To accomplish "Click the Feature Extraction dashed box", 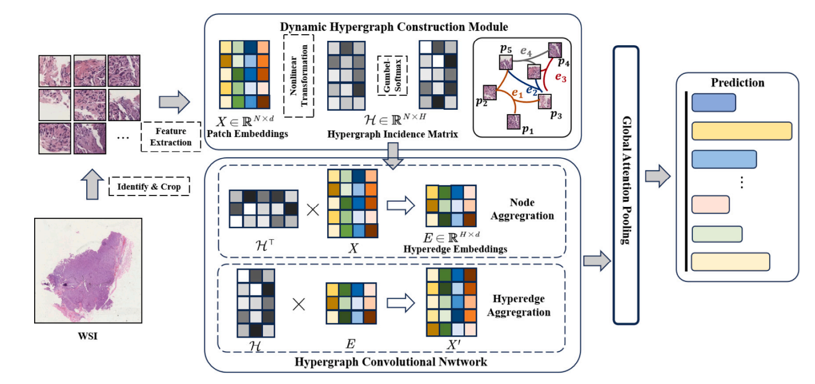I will coord(171,137).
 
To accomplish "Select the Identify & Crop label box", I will coord(149,187).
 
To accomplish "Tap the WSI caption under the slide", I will coord(88,336).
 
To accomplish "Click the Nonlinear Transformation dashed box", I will coord(299,76).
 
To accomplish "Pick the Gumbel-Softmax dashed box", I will coord(392,76).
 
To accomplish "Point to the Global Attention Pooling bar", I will coord(626,185).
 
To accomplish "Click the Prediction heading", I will coord(738,83).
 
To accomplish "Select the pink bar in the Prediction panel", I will coord(711,205).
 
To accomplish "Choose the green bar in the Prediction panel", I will coord(717,234).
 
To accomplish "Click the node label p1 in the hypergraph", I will coord(528,130).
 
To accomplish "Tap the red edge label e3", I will coord(560,77).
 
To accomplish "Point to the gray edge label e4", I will coord(526,51).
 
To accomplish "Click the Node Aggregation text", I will coord(522,209).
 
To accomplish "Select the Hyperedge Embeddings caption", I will coord(455,249).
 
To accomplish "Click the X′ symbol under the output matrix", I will coord(453,345).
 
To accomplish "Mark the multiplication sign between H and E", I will coord(299,304).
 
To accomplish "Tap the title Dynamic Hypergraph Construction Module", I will coord(394,27).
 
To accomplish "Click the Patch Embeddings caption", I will coord(247,134).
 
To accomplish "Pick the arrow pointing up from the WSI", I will coord(92,184).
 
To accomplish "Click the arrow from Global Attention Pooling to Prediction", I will coord(658,176).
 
